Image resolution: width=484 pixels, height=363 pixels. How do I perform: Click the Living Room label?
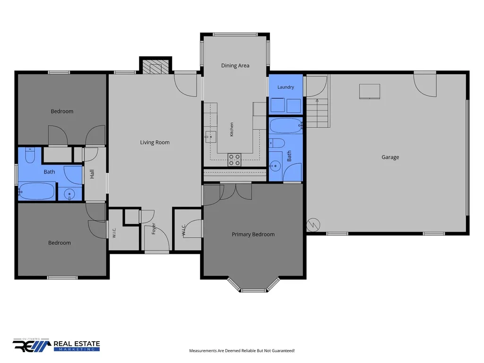tap(155, 142)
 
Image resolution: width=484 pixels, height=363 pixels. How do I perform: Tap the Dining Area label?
tap(235, 65)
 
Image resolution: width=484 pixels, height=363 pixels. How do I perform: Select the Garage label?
tap(390, 157)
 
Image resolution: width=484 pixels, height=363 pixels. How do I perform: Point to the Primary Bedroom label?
tap(253, 234)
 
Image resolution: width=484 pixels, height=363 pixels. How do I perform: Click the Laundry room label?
tap(285, 87)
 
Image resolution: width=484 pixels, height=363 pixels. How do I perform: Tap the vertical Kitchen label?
tap(232, 130)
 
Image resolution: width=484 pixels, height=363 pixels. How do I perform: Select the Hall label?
tap(92, 174)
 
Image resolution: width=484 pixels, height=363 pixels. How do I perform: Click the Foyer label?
tap(154, 228)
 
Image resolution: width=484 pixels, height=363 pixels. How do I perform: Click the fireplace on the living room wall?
tap(156, 65)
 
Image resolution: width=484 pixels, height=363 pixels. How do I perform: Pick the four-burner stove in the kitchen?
tap(234, 160)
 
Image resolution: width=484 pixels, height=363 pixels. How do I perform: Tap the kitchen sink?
tap(210, 136)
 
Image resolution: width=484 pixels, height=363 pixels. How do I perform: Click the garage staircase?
tap(318, 113)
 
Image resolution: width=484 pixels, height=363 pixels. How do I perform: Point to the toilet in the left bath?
tap(30, 155)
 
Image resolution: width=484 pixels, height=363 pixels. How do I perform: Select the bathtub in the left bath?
tap(37, 191)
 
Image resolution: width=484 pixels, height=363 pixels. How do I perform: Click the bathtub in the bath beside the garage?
tap(286, 126)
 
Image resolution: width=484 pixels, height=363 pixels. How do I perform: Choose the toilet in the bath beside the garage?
tap(277, 143)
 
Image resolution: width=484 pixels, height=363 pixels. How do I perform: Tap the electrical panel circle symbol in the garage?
tap(313, 225)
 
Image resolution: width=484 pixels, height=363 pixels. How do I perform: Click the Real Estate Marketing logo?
tap(56, 345)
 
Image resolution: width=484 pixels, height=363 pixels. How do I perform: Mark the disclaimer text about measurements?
tap(242, 351)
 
